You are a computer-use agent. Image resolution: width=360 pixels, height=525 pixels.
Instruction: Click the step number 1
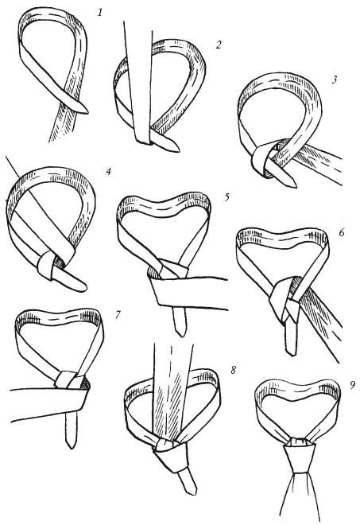pos(100,13)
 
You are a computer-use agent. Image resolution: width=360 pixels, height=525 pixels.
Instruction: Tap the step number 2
pos(219,45)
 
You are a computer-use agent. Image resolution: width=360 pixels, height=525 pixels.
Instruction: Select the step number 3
pos(335,80)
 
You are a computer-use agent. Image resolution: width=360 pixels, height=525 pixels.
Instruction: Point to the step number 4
pos(108,172)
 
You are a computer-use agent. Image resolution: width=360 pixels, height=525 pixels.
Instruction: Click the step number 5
pos(227,197)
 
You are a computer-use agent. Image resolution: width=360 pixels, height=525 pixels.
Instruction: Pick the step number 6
pos(341,232)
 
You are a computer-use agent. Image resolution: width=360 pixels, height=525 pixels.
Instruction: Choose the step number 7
pos(118,315)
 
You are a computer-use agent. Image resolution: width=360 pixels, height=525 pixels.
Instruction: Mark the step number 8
pos(233,370)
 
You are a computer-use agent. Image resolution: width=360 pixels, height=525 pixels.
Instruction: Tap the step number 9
pos(352,385)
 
